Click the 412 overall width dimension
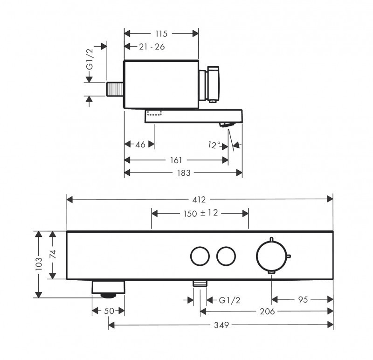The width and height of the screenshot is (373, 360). point(200,200)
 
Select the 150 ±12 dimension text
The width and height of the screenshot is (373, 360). point(200,214)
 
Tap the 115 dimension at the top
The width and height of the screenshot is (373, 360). point(162,33)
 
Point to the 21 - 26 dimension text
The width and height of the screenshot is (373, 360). point(152,47)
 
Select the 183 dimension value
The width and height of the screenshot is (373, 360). point(183,173)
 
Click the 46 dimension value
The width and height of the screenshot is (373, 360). point(140,145)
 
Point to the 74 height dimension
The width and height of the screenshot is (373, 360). point(53,255)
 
